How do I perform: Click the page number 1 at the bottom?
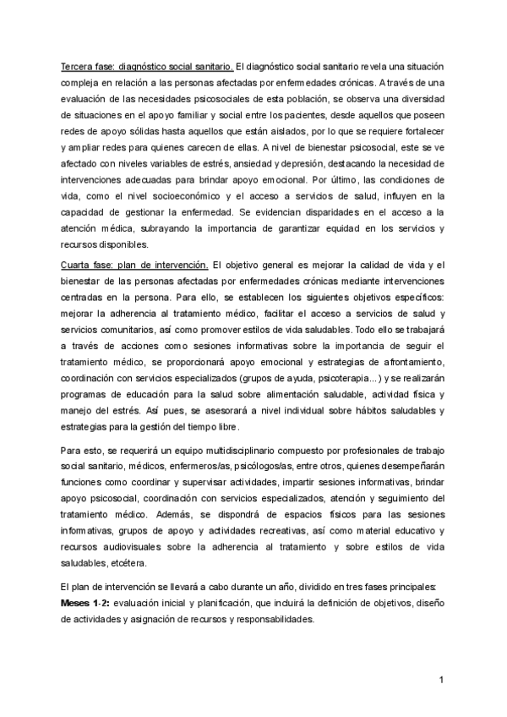click(x=441, y=680)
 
